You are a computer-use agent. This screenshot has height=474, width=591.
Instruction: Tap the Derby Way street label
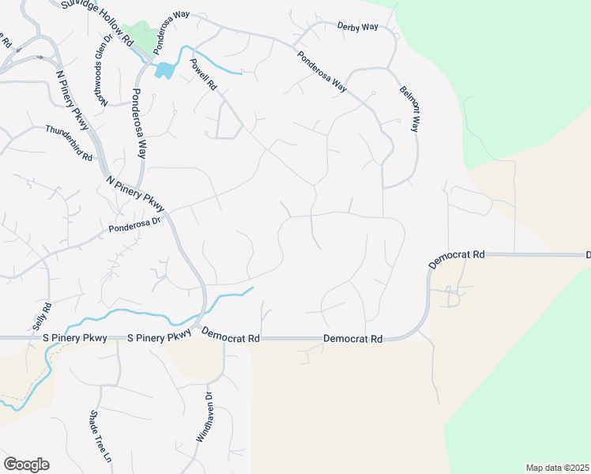pos(358,26)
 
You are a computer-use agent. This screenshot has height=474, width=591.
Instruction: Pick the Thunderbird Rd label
pos(69,143)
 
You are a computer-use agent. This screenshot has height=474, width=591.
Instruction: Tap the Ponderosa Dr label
pos(134,226)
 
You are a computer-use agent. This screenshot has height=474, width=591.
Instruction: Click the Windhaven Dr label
pos(205,417)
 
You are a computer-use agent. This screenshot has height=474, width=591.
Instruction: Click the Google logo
pos(25,465)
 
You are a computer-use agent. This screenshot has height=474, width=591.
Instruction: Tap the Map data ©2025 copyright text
pos(557,468)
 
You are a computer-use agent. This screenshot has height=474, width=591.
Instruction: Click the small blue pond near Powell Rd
pos(164,70)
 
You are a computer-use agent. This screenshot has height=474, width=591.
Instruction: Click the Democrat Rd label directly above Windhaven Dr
pos(231,335)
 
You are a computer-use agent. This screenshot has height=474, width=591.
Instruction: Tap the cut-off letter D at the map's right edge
pos(588,254)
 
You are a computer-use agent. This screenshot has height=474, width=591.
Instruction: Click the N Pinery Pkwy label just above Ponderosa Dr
pos(135,194)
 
